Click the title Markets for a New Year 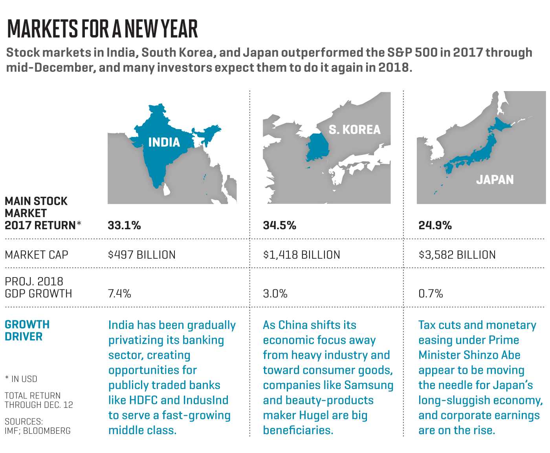tap(103, 29)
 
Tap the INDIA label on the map tap(164, 142)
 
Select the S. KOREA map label tap(354, 130)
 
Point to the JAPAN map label tap(495, 179)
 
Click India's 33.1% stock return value tap(124, 225)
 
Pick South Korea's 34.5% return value tap(279, 225)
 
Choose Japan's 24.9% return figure tap(435, 225)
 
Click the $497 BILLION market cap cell tap(142, 255)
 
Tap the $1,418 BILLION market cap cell tap(301, 255)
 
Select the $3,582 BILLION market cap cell tap(457, 255)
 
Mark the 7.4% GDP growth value tap(119, 293)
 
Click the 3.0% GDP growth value tap(275, 293)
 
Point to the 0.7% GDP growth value tap(431, 293)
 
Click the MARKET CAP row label tap(37, 255)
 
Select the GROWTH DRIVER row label tap(27, 331)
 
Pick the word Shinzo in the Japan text tap(480, 355)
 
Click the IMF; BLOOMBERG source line tap(38, 431)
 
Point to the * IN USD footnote tap(21, 379)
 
